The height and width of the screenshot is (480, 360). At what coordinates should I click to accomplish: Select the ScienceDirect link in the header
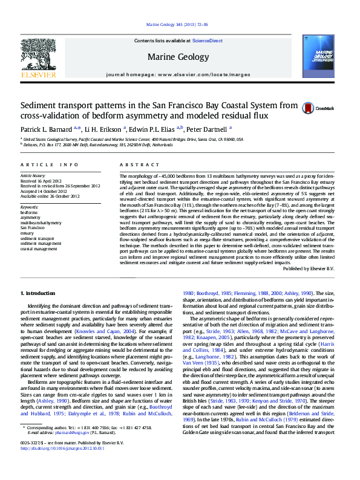click(x=207, y=41)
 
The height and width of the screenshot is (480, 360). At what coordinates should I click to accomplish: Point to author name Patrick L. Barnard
click(x=46, y=129)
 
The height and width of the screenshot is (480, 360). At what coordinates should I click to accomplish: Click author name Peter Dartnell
click(x=207, y=129)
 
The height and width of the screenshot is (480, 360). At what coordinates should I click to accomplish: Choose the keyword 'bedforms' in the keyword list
click(x=28, y=213)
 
